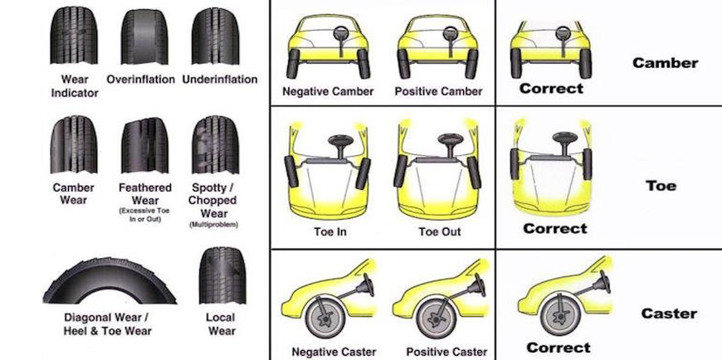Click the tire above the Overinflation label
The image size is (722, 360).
[140, 37]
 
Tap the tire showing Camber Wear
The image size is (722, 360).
[73, 145]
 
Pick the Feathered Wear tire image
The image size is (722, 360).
[144, 145]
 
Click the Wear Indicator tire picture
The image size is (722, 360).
[74, 37]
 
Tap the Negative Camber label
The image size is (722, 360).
[328, 91]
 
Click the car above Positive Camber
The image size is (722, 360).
[438, 46]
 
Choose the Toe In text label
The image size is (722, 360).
[329, 231]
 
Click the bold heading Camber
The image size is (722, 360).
[665, 63]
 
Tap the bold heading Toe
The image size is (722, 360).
[661, 186]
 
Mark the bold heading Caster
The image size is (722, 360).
[669, 314]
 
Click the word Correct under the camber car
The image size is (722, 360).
[551, 88]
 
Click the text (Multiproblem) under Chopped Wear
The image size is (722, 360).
[213, 224]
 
